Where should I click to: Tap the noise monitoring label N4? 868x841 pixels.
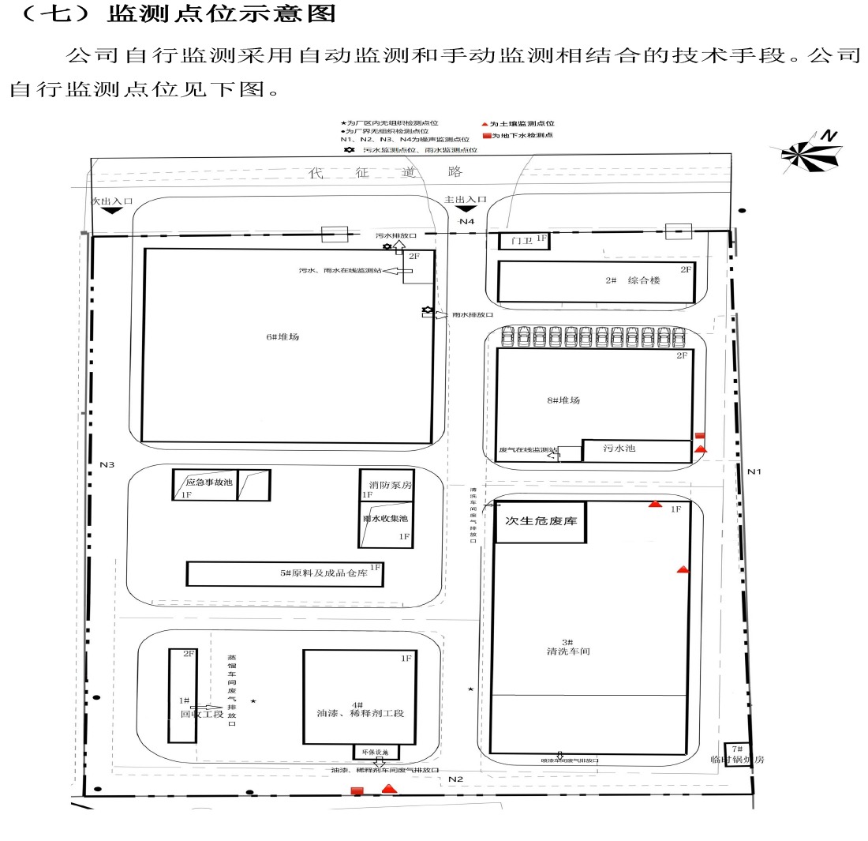pos(467,222)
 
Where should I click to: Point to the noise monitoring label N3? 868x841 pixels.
pos(107,464)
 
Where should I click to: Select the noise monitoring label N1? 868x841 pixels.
pos(755,471)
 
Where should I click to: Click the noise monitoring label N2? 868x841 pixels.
pos(455,779)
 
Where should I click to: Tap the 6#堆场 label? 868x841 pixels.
pos(282,337)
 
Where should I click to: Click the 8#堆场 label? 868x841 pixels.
pos(563,400)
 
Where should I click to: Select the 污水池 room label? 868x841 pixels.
pos(619,449)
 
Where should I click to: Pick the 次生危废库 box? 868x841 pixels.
pos(541,522)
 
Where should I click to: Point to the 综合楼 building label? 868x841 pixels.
pos(643,280)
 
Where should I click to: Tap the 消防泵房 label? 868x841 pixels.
pos(385,485)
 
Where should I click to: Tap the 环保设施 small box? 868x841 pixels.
pos(376,753)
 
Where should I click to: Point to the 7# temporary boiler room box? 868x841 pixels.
pos(737,754)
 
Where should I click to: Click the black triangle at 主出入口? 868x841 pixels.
pos(467,209)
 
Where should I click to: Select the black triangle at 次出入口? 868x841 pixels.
pos(110,211)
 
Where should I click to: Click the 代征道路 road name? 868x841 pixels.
pos(386,172)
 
